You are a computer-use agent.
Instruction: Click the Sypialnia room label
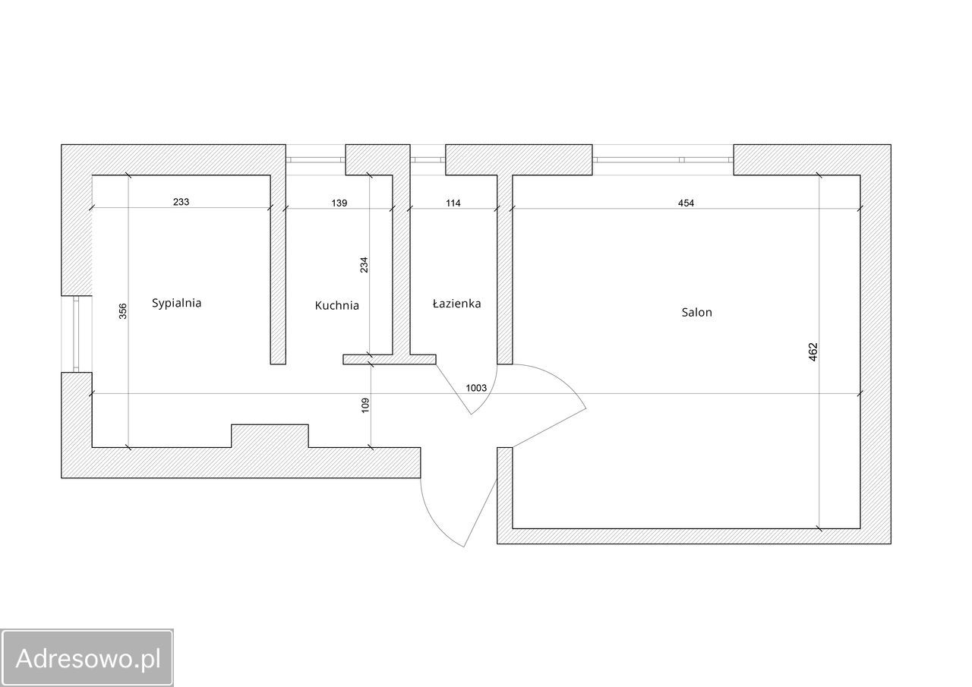tap(177, 303)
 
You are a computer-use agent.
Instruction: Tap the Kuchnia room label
tap(336, 306)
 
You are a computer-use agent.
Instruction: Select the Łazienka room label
tap(457, 304)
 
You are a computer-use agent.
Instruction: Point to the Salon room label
tap(696, 312)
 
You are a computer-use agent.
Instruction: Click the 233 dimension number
tap(181, 202)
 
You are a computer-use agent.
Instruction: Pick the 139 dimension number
tap(339, 203)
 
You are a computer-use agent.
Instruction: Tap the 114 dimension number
tap(453, 203)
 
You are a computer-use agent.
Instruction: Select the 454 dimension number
tap(686, 203)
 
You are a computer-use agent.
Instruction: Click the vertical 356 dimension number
tap(123, 311)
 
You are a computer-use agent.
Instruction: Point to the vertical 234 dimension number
tap(364, 265)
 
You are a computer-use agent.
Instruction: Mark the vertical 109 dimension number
tap(365, 405)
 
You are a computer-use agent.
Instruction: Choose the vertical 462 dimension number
tap(813, 351)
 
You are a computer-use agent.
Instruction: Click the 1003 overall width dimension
tap(476, 388)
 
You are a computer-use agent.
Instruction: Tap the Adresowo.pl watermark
tap(87, 658)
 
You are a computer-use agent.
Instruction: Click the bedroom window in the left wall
tap(77, 334)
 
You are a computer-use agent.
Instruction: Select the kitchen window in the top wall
tap(315, 159)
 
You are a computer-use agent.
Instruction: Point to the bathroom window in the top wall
tap(428, 159)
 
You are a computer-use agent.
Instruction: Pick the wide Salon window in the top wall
tap(663, 159)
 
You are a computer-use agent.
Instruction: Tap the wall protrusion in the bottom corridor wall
tap(270, 436)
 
